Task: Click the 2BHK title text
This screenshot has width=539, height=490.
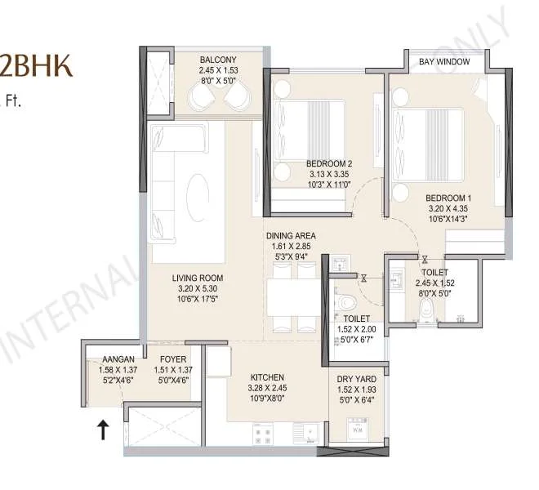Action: [x=36, y=66]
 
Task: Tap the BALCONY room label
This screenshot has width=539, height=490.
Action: [x=218, y=60]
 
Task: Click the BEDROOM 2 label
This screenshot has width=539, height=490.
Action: [x=329, y=163]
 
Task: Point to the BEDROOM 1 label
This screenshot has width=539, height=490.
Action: [x=448, y=198]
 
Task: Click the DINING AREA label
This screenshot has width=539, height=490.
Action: [x=290, y=236]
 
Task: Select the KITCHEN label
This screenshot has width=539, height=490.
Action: [x=267, y=377]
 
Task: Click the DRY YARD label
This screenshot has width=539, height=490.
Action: [x=355, y=380]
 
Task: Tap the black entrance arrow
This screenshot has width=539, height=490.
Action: [x=104, y=429]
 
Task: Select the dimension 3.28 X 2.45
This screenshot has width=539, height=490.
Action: [x=267, y=389]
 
